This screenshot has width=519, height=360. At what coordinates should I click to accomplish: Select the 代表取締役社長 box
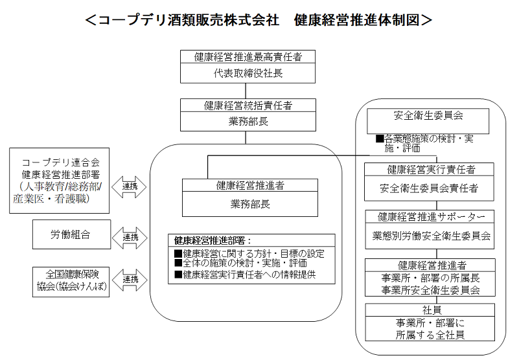click(x=248, y=73)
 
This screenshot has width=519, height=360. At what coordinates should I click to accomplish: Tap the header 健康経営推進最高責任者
click(x=248, y=57)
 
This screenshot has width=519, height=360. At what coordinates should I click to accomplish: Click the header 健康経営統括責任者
click(x=248, y=106)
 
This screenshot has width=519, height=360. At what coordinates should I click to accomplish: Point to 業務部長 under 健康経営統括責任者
click(x=248, y=121)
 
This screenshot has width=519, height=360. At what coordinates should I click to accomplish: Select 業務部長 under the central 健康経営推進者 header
click(x=249, y=203)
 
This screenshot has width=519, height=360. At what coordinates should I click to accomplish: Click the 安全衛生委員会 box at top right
click(x=428, y=117)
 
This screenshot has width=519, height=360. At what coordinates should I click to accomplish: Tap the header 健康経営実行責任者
click(x=430, y=170)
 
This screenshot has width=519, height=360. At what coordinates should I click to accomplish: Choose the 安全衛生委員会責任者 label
click(x=429, y=189)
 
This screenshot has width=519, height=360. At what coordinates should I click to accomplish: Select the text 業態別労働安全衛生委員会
click(x=430, y=236)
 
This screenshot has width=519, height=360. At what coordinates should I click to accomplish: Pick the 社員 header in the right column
click(x=430, y=309)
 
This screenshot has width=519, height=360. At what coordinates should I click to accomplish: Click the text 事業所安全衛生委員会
click(x=430, y=290)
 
